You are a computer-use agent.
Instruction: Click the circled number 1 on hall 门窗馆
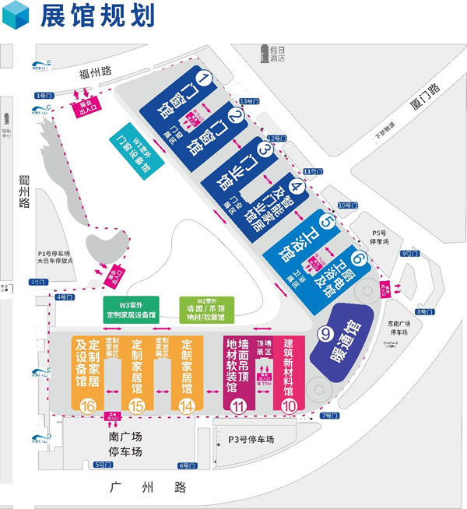[205, 78]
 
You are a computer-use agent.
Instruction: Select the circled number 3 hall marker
[265, 149]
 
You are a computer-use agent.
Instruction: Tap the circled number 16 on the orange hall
[87, 404]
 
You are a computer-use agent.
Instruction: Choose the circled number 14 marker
[187, 404]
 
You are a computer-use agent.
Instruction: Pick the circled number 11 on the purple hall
[239, 404]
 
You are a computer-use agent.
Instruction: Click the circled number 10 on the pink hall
[289, 404]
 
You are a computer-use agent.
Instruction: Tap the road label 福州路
[97, 75]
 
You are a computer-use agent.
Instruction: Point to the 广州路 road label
[154, 487]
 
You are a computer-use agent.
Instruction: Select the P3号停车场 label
[251, 440]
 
